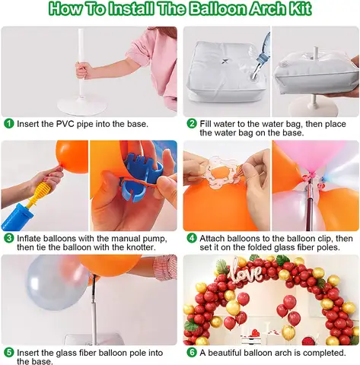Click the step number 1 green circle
(x=8, y=123)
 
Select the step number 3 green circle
(x=8, y=238)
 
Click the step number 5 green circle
(x=8, y=353)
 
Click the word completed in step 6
(x=323, y=353)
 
